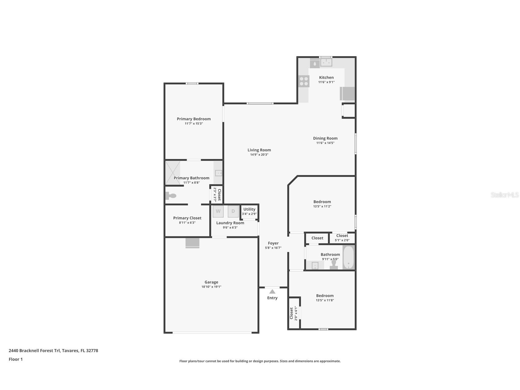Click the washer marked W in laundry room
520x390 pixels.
click(218, 211)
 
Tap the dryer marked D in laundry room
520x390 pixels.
click(233, 211)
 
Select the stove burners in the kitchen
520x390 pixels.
click(304, 81)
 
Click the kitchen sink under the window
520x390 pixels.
click(326, 63)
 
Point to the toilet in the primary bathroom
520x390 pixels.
click(171, 196)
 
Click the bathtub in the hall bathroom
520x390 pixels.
click(348, 258)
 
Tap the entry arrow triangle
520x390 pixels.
click(272, 292)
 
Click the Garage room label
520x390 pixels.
click(211, 282)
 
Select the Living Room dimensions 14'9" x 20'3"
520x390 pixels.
click(259, 155)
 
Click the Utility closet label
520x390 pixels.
click(249, 209)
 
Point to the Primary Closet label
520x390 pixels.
click(187, 218)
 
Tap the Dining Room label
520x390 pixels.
click(325, 138)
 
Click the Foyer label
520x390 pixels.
click(273, 243)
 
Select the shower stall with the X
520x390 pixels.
click(173, 173)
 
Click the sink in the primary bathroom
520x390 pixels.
click(218, 173)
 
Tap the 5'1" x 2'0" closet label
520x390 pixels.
click(342, 240)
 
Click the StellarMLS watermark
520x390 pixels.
click(504, 195)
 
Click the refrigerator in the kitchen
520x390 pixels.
click(347, 94)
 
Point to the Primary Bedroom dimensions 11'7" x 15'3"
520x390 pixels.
click(194, 124)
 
